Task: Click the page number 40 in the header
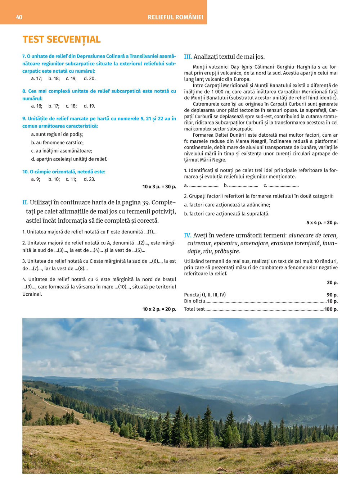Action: [19, 17]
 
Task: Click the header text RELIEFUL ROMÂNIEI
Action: [175, 17]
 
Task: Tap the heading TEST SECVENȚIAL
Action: [62, 39]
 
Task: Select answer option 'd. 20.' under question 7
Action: [90, 78]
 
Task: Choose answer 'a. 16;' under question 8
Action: [36, 106]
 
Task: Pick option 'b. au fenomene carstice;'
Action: [57, 142]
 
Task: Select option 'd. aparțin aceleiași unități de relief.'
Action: [69, 159]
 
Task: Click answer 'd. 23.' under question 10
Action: [89, 179]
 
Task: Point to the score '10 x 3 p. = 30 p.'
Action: [159, 186]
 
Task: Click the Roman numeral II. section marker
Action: [25, 202]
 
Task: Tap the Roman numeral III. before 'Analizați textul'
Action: [188, 56]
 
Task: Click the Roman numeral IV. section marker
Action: [188, 235]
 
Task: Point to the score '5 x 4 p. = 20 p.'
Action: [322, 223]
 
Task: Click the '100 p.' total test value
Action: [331, 309]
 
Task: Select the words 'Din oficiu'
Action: [194, 301]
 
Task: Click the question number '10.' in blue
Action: [25, 172]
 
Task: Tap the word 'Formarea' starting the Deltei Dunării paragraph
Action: [203, 135]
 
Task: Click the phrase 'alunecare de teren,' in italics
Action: [313, 235]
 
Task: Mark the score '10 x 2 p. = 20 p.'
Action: [159, 309]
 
